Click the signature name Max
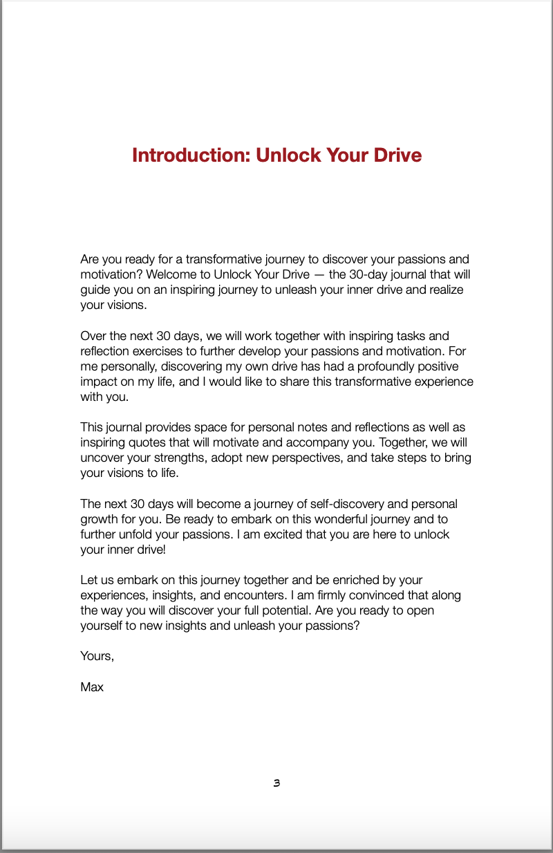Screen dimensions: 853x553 tap(92, 687)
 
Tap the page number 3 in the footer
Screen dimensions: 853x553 tap(276, 783)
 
